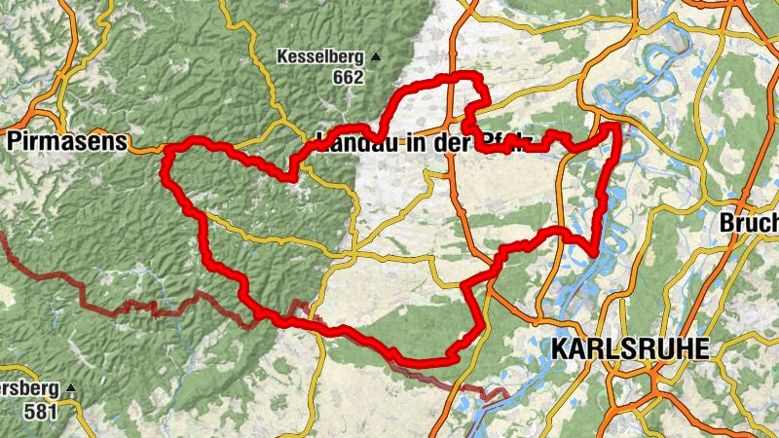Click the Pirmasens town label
point(66,142)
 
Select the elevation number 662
point(347,77)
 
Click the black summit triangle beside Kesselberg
point(375,56)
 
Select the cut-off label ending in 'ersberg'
point(29,389)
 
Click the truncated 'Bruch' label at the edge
point(750,223)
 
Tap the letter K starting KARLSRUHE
point(559,347)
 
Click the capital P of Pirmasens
point(14,142)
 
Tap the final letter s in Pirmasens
point(122,142)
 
